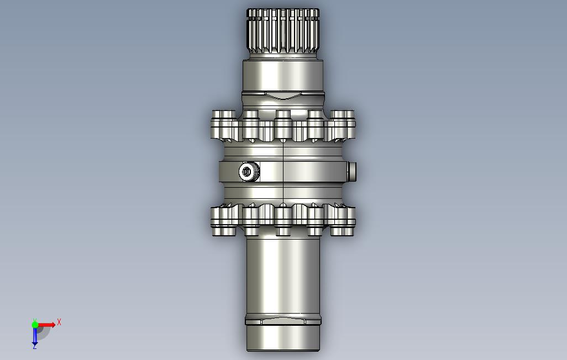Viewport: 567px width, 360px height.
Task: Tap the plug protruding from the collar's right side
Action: click(x=352, y=171)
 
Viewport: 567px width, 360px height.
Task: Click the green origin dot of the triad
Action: click(x=35, y=325)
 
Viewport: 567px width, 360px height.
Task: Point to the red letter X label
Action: click(x=59, y=322)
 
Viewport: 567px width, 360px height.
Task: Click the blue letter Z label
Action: click(x=35, y=347)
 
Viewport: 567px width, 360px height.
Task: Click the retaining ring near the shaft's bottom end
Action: click(x=283, y=321)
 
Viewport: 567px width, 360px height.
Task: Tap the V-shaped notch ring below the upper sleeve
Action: click(x=283, y=96)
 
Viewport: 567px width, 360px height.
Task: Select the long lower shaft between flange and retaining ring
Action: click(x=283, y=276)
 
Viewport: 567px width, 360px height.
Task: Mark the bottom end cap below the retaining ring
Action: click(x=283, y=338)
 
